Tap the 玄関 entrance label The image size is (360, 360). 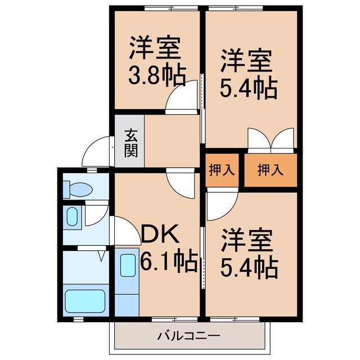(x=130, y=143)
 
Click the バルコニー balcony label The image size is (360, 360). (x=189, y=337)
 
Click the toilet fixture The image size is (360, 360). (x=74, y=187)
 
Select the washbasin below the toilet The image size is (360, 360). (x=73, y=216)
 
